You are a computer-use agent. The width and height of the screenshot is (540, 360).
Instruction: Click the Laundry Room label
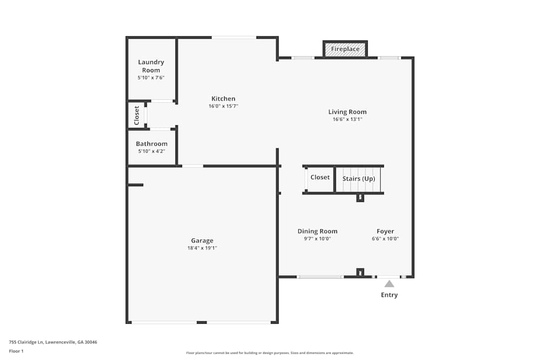151,66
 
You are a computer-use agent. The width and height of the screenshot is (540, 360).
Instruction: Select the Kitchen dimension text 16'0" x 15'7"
223,106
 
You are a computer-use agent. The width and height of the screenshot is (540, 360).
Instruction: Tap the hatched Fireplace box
345,49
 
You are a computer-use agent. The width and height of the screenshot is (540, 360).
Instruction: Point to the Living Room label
347,112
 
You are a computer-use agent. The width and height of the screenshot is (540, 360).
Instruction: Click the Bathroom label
151,144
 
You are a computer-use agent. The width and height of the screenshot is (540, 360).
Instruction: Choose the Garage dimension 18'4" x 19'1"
202,248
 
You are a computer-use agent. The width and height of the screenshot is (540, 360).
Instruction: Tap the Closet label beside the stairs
320,178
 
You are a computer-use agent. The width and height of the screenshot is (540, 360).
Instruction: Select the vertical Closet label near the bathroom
137,116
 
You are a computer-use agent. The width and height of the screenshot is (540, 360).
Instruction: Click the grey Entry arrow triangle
389,283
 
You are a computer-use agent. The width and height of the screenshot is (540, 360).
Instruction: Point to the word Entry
389,295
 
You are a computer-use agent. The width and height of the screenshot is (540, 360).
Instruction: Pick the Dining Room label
317,232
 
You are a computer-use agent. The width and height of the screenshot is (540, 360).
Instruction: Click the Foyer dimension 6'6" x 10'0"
385,239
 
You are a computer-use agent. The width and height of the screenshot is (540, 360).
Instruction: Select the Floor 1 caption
16,351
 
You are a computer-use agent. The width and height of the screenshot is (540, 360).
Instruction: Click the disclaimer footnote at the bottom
270,353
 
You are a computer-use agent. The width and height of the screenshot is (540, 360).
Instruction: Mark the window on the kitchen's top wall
233,37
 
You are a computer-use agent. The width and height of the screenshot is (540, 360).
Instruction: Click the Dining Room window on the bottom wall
320,277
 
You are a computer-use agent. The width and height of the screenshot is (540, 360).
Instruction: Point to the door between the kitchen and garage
192,166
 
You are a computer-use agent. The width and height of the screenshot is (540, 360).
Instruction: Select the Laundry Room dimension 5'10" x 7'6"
151,78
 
